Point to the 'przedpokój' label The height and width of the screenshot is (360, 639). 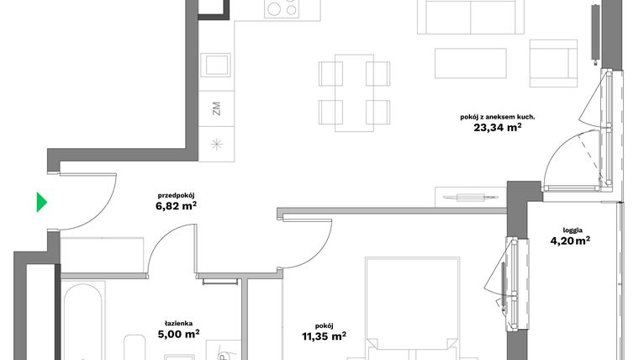point(177,193)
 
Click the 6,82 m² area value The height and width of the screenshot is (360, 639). point(177,205)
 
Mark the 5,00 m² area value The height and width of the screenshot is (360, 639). point(179,334)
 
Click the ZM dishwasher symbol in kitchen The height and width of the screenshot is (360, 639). point(216,109)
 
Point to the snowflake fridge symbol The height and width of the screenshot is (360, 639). point(216,143)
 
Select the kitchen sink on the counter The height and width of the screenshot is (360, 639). point(217,66)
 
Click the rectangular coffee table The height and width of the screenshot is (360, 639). point(471,62)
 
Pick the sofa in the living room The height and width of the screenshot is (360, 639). point(469,17)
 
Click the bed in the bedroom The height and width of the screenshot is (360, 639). point(411,311)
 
